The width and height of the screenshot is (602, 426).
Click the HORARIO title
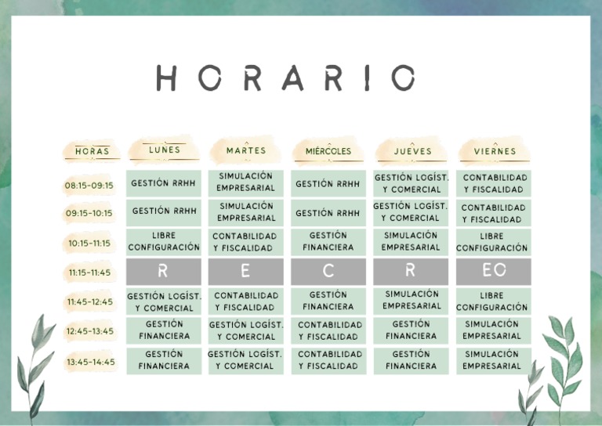coord(285,78)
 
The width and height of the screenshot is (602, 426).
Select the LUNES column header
coord(164,150)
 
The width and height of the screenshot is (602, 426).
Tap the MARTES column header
coord(246,150)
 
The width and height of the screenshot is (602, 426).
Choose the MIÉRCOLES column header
coord(328,151)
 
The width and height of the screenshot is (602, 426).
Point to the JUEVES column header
coord(412,151)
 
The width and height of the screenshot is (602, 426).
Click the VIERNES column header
coord(495,151)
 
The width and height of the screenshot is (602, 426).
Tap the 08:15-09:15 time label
coord(89,186)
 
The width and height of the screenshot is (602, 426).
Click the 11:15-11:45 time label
coord(89,273)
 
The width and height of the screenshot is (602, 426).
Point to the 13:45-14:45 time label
coord(90,362)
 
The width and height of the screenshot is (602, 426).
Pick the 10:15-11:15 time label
coord(89,243)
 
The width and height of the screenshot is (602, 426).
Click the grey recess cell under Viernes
coord(494,271)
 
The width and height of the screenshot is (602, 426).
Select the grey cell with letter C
coord(328,271)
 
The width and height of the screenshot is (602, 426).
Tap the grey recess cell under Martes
coord(246,271)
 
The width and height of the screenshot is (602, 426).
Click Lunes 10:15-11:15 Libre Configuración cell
coord(164,241)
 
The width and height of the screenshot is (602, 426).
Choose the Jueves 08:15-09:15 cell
coord(412,183)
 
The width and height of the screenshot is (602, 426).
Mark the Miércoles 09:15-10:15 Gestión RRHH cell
coord(328,213)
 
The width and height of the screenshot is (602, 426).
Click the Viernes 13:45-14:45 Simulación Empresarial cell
coord(492,360)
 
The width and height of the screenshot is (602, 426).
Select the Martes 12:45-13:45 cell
coord(246,330)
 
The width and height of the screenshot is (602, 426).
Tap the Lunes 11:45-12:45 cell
coord(164,301)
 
